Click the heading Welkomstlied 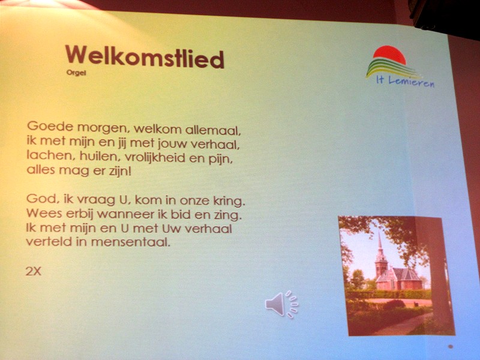click(145, 57)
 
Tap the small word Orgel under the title click(76, 73)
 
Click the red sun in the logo click(390, 55)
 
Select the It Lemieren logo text click(406, 82)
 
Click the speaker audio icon click(281, 304)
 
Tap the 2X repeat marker click(34, 271)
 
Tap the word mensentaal click(131, 242)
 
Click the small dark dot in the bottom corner click(451, 347)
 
